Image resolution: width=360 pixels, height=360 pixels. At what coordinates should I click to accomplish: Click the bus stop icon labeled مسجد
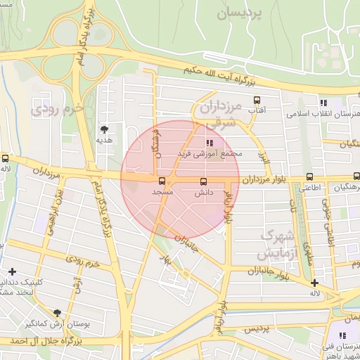click(163, 181)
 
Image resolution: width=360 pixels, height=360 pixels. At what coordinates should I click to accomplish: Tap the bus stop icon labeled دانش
click(204, 181)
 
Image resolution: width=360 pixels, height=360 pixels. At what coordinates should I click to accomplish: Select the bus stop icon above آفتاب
click(257, 100)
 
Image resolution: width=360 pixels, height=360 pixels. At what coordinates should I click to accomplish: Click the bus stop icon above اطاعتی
click(310, 178)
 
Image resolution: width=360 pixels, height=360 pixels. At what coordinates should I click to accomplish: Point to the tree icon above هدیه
click(105, 129)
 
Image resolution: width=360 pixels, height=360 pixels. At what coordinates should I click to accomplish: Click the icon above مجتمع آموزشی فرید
click(209, 143)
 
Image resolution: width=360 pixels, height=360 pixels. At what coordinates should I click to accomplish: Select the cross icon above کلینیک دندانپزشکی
click(12, 271)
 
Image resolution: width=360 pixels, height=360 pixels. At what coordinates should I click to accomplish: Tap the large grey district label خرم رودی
click(58, 110)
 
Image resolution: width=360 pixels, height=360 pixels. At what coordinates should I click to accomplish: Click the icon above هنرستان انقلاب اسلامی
click(323, 103)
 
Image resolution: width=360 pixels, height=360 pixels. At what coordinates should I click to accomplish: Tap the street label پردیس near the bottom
click(257, 328)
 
